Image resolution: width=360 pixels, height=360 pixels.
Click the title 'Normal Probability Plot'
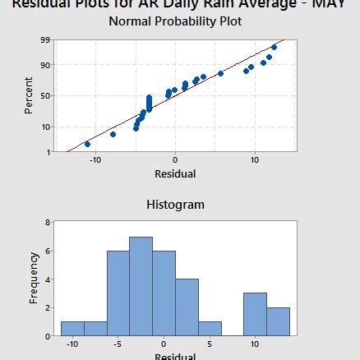[x=175, y=21]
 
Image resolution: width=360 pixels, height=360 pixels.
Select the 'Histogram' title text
[x=175, y=204]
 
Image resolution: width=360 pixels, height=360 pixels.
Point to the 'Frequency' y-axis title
[x=34, y=279]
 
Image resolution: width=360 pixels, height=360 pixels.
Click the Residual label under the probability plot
[x=175, y=174]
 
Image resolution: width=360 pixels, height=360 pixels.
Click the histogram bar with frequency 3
[x=255, y=314]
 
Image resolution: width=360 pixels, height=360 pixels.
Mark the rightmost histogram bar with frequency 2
[x=278, y=321]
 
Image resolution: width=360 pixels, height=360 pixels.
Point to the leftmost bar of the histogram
[x=72, y=328]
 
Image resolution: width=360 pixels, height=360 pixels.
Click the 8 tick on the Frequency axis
[x=48, y=222]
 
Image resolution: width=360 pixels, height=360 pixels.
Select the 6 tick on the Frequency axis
[x=48, y=251]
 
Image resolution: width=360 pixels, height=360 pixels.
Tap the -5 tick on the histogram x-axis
[x=118, y=343]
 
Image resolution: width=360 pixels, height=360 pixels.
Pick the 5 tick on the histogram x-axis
[x=210, y=343]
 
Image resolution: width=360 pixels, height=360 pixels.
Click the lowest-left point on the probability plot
[x=87, y=144]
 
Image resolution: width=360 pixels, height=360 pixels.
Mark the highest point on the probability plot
[x=275, y=48]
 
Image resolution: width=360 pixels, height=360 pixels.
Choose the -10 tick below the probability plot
[x=95, y=159]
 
